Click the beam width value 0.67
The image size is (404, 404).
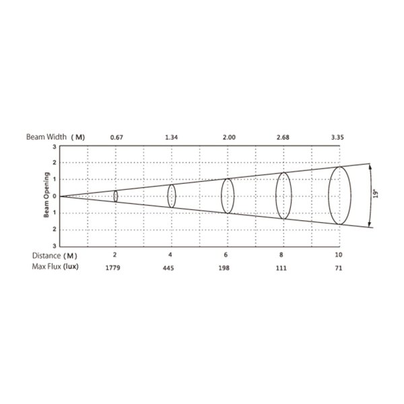[x=116, y=137]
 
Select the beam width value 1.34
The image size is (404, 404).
[x=171, y=137]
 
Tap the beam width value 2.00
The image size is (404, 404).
[x=229, y=137]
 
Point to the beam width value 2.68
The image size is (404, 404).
[x=283, y=137]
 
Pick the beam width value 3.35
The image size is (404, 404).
[x=337, y=137]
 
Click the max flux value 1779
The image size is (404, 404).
[x=113, y=268]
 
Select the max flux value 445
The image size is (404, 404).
[x=168, y=268]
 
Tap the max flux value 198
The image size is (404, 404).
[x=224, y=268]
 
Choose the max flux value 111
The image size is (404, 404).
[x=281, y=268]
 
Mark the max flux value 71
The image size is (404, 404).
[x=339, y=268]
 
